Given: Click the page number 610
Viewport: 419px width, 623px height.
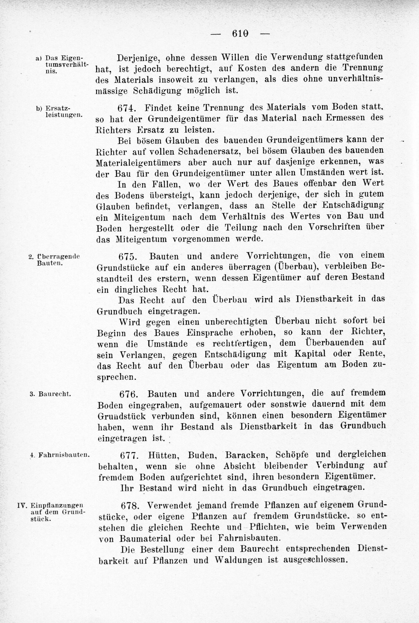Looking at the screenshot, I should point(240,34).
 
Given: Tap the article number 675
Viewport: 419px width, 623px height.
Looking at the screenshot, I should point(128,257).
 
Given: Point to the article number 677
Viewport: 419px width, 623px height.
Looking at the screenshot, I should point(130,454).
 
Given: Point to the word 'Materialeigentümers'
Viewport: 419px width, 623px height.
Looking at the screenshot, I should point(138,162).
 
